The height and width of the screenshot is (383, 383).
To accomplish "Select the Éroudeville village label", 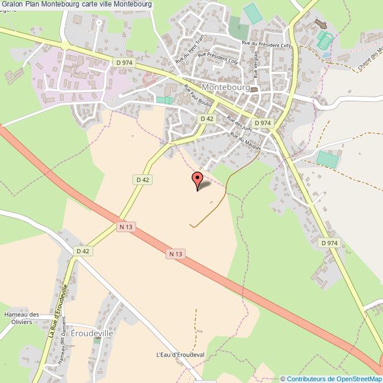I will [x=91, y=332].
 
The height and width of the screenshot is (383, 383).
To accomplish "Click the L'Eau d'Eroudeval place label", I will [x=180, y=355].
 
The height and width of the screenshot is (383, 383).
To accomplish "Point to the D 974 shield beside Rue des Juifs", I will [x=265, y=123].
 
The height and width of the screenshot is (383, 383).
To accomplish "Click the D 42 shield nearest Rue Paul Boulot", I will [x=206, y=118].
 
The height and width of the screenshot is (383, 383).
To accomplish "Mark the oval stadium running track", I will [x=324, y=40].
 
